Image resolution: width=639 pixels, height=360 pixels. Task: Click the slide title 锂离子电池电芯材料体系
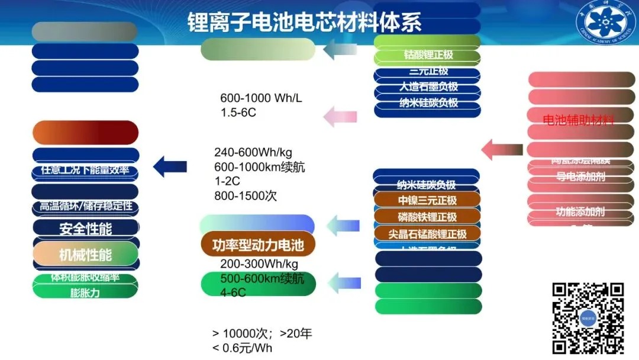click(304, 22)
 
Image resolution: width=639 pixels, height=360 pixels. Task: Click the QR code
click(588, 318)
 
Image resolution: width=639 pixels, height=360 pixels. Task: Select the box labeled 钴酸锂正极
click(427, 55)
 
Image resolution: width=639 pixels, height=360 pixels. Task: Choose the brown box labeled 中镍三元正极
click(427, 200)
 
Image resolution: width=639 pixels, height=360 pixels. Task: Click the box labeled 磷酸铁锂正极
click(427, 217)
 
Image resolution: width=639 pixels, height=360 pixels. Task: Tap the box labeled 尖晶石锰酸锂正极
click(427, 234)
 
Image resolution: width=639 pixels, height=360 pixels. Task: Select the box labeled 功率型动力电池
click(257, 245)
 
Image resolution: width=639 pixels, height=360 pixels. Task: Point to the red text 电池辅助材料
click(578, 120)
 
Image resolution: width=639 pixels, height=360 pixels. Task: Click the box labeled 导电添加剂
click(580, 176)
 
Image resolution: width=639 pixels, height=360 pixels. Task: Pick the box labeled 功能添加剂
click(580, 211)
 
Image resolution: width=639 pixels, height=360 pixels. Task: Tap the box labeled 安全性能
click(86, 228)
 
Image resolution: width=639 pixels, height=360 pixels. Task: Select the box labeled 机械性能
click(86, 255)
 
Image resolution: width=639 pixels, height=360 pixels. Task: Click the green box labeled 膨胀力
click(86, 292)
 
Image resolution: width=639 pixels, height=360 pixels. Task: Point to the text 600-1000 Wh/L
click(261, 98)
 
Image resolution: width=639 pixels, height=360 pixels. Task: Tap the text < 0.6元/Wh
click(243, 348)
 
